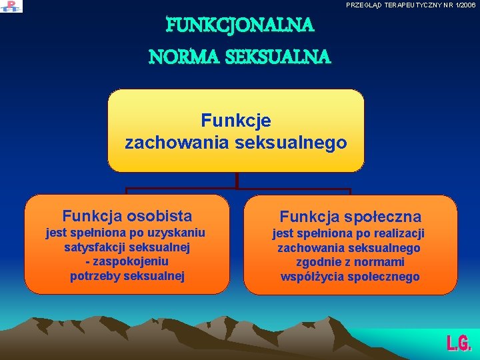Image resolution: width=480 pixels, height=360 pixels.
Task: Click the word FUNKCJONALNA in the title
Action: coord(239,26)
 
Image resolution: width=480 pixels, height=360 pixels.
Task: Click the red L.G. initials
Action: coord(459,343)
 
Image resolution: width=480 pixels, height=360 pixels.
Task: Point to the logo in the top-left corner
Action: coord(11,6)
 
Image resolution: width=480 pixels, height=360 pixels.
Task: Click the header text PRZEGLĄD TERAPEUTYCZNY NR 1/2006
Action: coord(411,5)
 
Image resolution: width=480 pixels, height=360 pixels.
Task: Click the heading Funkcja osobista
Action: coord(127,216)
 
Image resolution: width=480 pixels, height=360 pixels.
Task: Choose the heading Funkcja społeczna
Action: coord(350,217)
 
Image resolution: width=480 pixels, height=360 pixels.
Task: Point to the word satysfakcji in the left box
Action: coord(93,247)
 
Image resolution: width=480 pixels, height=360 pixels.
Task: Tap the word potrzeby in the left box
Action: coord(96,276)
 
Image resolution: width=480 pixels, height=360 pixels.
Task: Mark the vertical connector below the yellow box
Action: coord(237,181)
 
